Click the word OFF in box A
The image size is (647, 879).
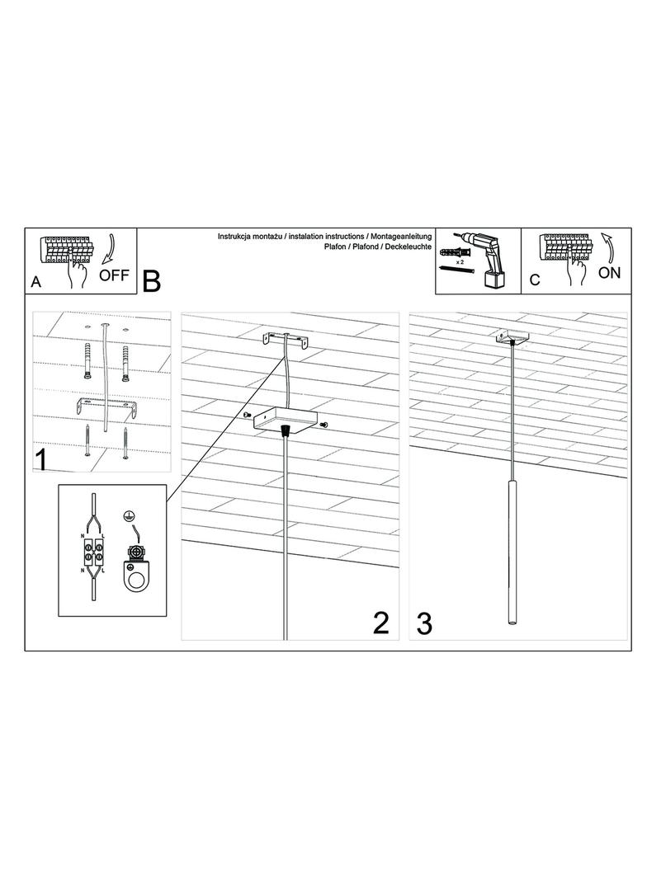(113, 275)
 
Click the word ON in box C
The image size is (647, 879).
(609, 273)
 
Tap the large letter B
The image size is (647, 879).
(152, 281)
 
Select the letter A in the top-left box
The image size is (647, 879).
(36, 281)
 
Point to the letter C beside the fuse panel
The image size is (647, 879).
(534, 280)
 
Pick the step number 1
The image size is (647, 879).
(41, 459)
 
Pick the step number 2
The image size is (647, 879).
(381, 623)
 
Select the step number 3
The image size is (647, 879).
(424, 623)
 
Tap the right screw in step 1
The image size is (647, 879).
(125, 442)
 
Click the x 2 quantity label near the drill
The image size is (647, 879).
(460, 261)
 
